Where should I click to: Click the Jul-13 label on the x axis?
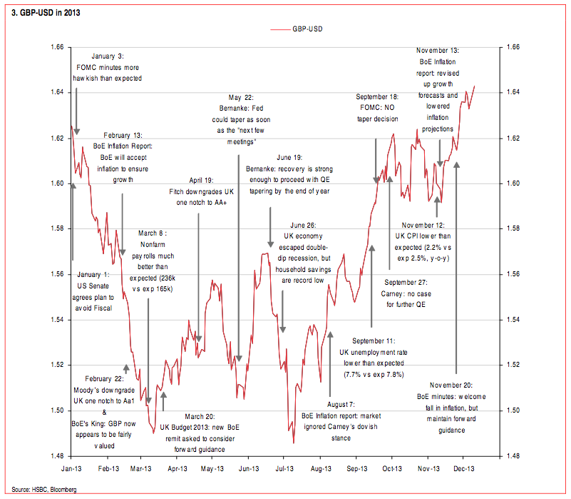[284, 469]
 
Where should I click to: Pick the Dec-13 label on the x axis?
[464, 469]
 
